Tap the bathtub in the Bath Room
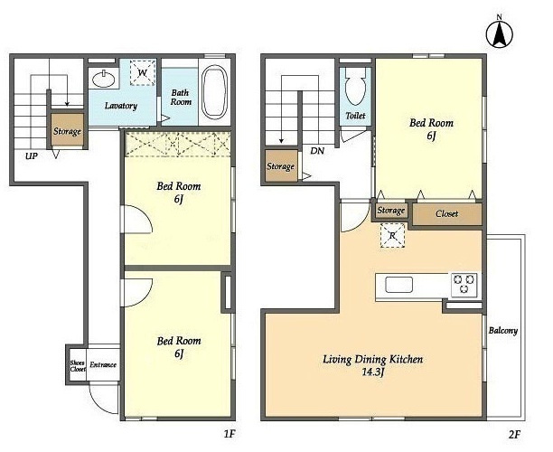pos(214,91)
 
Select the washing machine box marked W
pos(143,72)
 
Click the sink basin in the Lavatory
pos(104,80)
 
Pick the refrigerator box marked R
pos(392,236)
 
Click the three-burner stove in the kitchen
pos(464,285)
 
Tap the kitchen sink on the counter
pos(398,285)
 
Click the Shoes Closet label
pos(78,366)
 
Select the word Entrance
pos(103,365)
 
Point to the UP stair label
pos(32,156)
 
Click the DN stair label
pos(317,151)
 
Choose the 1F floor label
pos(230,434)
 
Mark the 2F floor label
pos(514,434)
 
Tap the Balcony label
pos(503,331)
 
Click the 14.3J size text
pos(373,372)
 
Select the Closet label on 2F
pos(447,214)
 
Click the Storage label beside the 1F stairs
pos(68,132)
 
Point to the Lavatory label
pos(121,106)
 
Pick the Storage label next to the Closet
pos(390,211)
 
